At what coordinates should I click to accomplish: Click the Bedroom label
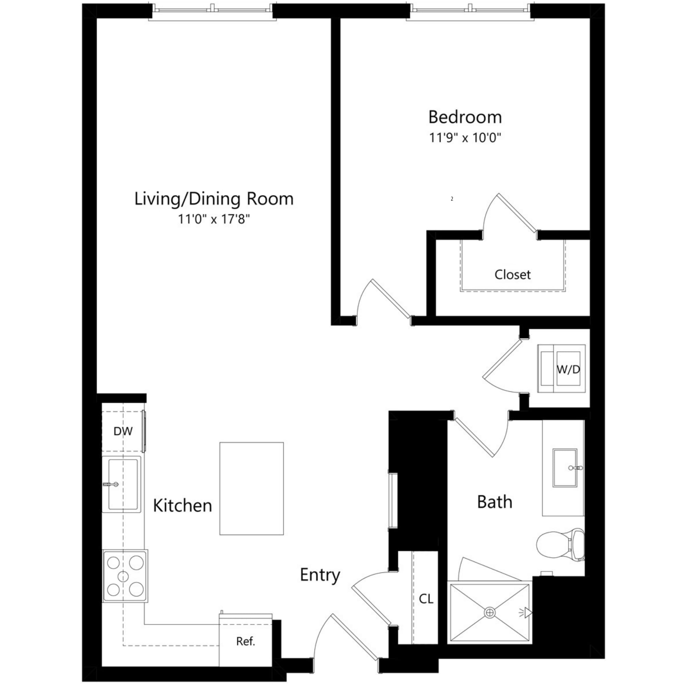pos(465,117)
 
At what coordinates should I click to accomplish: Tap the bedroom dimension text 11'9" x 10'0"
pos(465,138)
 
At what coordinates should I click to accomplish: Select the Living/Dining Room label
pos(214,199)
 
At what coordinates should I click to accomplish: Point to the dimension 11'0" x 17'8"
pos(214,219)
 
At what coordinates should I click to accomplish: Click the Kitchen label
pos(182,506)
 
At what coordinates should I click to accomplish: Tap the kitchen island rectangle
pos(251,488)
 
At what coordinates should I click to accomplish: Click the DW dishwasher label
pos(123,431)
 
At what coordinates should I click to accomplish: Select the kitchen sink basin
pos(122,484)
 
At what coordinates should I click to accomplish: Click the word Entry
pos(320,575)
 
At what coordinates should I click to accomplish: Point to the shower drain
pos(490,613)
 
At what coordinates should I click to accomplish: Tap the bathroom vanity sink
pos(565,468)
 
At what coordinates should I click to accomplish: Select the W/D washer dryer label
pos(568,370)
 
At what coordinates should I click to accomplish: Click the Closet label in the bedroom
pos(512,274)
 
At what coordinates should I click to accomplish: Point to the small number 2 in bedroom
pos(452,199)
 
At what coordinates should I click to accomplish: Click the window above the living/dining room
pos(212,11)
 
